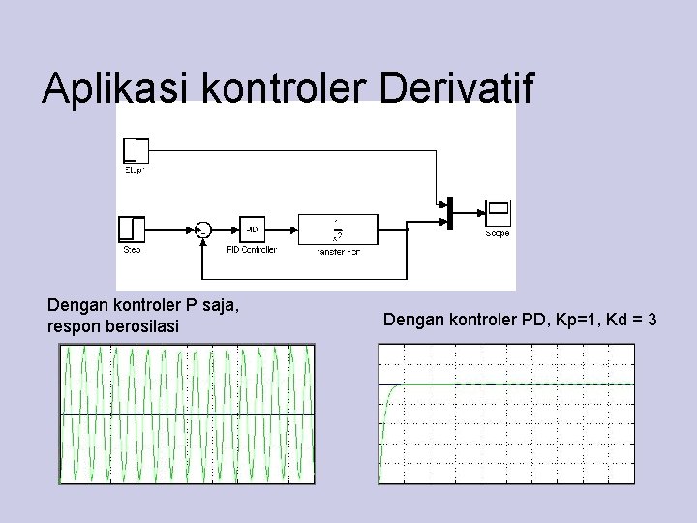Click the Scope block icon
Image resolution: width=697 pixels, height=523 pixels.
[498, 212]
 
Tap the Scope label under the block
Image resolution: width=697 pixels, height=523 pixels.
[498, 233]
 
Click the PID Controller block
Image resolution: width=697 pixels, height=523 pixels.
[252, 230]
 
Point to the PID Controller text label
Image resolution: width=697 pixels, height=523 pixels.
[252, 250]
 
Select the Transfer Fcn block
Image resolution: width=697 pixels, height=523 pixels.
[338, 230]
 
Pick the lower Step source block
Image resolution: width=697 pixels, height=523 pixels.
[133, 230]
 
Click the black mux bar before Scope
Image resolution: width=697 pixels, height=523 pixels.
[449, 213]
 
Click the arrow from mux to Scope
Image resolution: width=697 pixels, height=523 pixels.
[469, 213]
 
